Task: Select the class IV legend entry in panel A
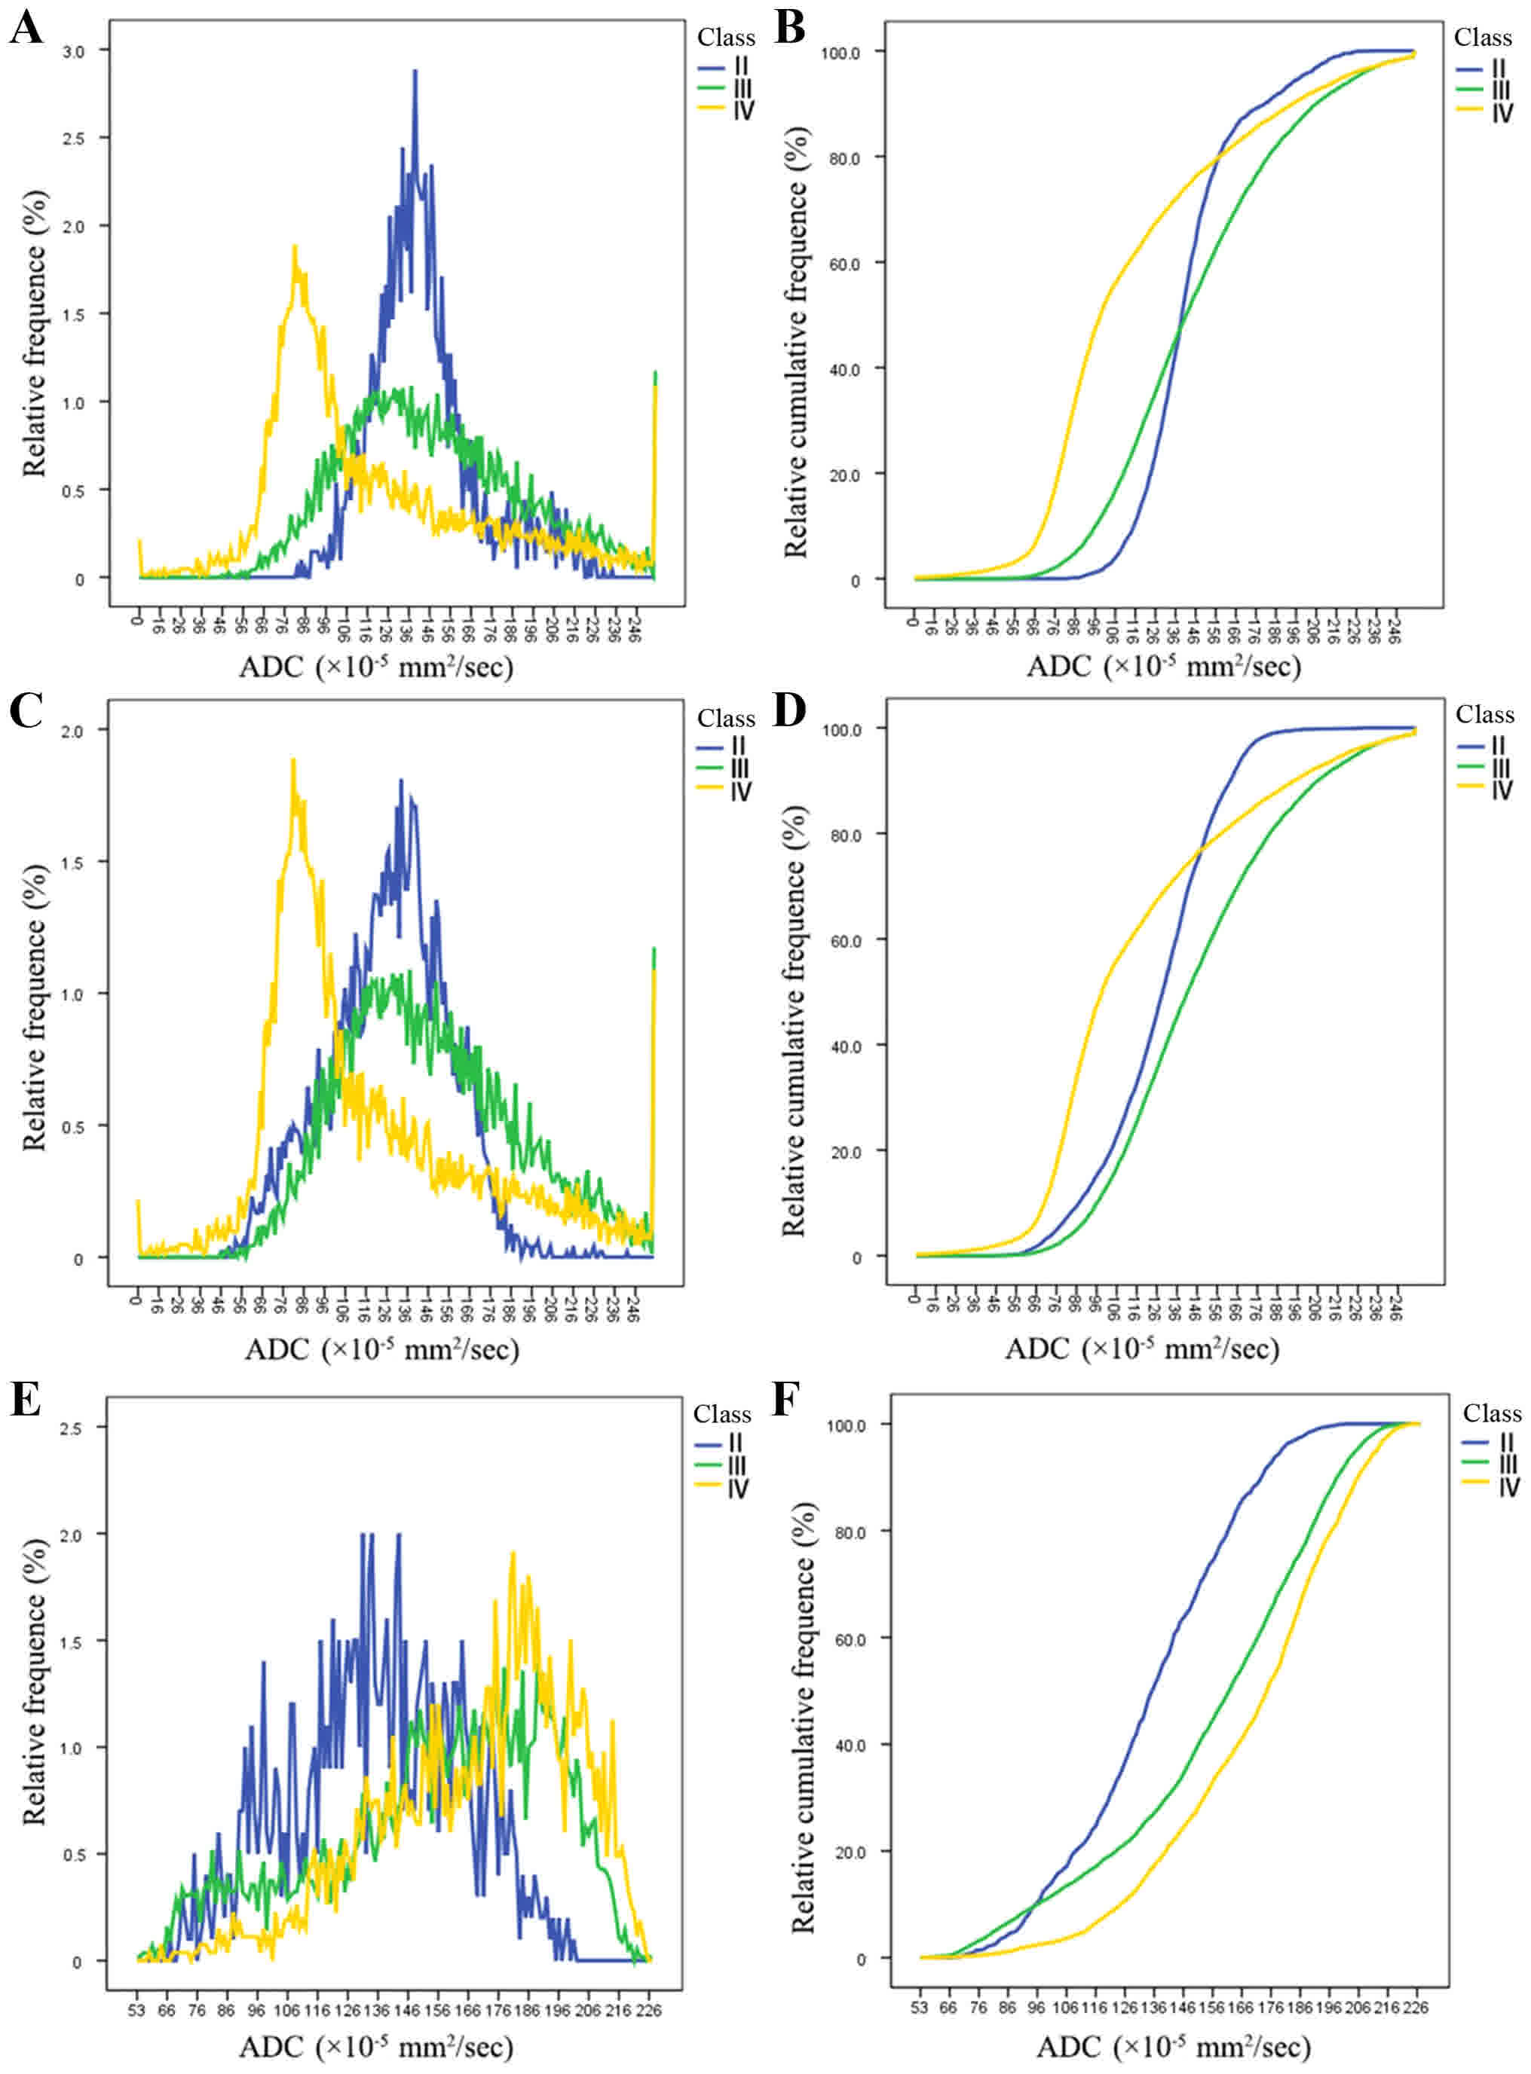(728, 110)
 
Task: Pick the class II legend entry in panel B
(1487, 67)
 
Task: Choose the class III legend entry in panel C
(727, 768)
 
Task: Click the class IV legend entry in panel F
(1492, 1486)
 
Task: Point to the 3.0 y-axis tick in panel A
(72, 52)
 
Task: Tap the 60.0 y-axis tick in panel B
(841, 264)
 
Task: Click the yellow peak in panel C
(292, 759)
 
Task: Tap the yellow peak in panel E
(513, 1553)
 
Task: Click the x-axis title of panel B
(1163, 666)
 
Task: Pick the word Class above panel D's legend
(1485, 714)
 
